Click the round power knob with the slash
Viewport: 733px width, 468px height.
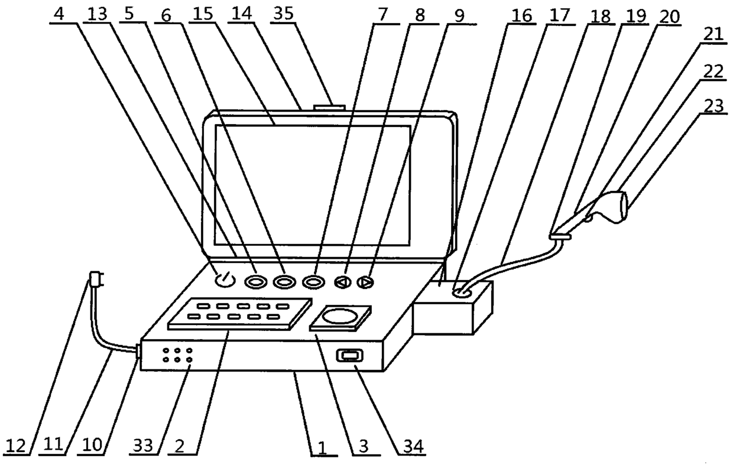224,280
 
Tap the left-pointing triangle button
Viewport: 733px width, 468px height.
342,282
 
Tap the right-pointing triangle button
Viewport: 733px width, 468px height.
367,282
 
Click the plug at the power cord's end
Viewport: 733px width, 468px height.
96,278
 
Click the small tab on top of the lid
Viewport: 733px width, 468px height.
330,107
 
